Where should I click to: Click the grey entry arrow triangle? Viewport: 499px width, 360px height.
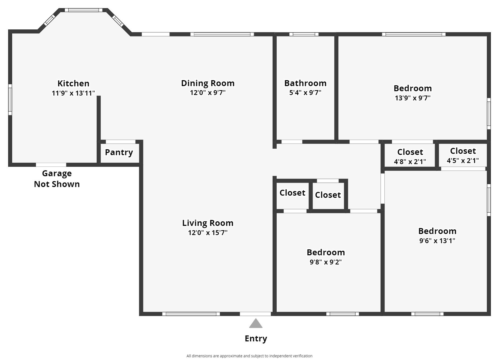(x=256, y=323)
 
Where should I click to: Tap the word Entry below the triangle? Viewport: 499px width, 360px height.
(x=256, y=338)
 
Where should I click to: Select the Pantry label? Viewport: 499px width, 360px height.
(x=119, y=152)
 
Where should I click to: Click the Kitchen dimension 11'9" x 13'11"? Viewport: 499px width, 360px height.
(x=73, y=93)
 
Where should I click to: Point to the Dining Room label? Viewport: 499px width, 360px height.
(x=208, y=83)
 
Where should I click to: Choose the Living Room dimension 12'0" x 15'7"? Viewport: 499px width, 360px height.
(x=208, y=233)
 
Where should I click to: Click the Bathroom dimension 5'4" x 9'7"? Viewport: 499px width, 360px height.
(x=305, y=93)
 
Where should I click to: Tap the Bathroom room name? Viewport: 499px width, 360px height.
(x=305, y=83)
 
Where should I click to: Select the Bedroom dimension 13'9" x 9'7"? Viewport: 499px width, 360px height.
(x=413, y=98)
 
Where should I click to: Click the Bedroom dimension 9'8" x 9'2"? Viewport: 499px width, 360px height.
(x=326, y=262)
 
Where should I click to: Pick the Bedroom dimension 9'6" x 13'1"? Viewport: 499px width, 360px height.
(x=437, y=241)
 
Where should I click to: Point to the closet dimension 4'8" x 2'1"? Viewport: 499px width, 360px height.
(x=410, y=162)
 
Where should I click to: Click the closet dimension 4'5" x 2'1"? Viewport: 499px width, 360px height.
(x=463, y=161)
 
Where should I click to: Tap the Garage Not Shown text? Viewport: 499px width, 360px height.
(x=57, y=179)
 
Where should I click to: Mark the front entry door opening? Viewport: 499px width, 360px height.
(x=255, y=314)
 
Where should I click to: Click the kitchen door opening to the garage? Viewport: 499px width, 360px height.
(x=51, y=165)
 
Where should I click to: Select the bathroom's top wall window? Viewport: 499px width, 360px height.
(x=304, y=34)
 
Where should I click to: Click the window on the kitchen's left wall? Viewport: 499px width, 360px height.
(x=10, y=100)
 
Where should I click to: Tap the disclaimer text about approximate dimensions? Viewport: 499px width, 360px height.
(x=249, y=356)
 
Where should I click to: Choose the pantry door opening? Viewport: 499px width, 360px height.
(x=120, y=142)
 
